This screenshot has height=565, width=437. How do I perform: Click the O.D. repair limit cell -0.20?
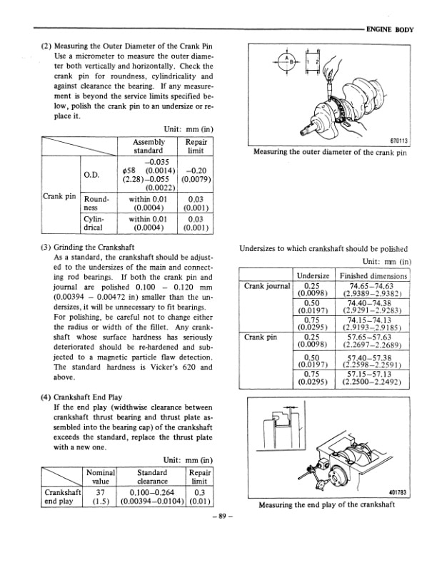point(195,175)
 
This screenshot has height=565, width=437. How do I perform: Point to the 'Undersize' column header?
point(311,275)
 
